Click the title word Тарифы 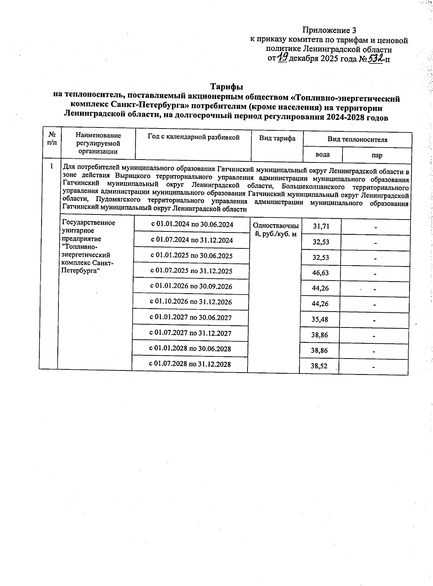(x=227, y=87)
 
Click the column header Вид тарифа (x=277, y=138)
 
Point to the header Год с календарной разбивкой (x=193, y=137)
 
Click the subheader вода (x=322, y=155)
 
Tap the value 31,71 (x=321, y=226)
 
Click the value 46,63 (x=320, y=273)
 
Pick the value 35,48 (x=320, y=320)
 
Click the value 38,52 (x=319, y=366)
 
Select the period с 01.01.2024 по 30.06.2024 (x=192, y=224)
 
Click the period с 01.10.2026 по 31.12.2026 (x=191, y=302)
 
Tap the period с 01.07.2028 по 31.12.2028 (x=190, y=364)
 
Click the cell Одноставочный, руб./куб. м (x=276, y=230)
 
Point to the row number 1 (x=52, y=166)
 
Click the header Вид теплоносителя (x=357, y=139)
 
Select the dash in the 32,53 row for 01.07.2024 (x=376, y=243)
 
